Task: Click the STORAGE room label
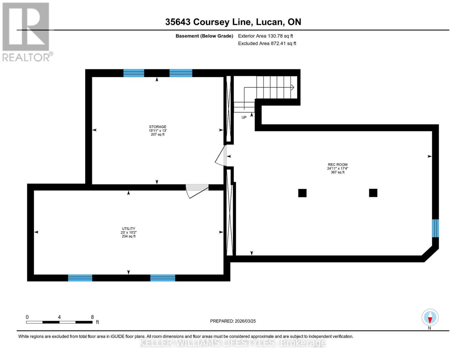point(158,127)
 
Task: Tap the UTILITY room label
point(128,229)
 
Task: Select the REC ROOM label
point(338,165)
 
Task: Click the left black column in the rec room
point(302,193)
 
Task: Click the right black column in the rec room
point(373,193)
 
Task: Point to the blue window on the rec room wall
point(435,228)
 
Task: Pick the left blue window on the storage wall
point(134,73)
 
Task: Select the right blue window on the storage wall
point(181,73)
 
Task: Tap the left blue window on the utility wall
point(80,278)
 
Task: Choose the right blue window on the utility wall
point(163,278)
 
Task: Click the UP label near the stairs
point(244,117)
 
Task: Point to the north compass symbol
point(430,318)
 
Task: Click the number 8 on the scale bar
point(92,317)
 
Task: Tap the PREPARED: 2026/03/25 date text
point(233,321)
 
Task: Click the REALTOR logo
point(26,31)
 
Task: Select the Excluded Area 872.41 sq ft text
point(267,43)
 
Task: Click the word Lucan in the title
point(269,22)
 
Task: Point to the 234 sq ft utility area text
point(128,236)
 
